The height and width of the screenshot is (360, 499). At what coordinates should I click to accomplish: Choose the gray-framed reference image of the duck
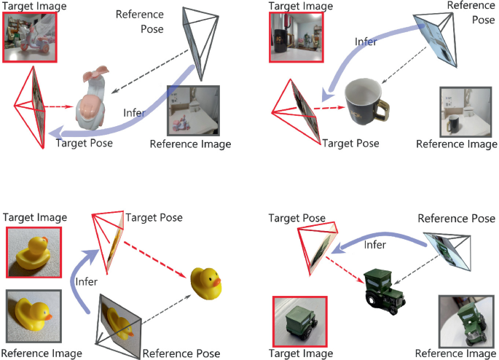[x=34, y=317]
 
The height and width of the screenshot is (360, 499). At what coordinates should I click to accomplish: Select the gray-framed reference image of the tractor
[x=465, y=320]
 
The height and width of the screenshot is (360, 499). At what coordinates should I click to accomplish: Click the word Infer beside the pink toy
[x=134, y=114]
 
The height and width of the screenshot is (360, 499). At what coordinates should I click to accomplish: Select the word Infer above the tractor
[x=374, y=245]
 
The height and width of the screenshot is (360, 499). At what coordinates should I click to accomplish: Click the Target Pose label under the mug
[x=350, y=144]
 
